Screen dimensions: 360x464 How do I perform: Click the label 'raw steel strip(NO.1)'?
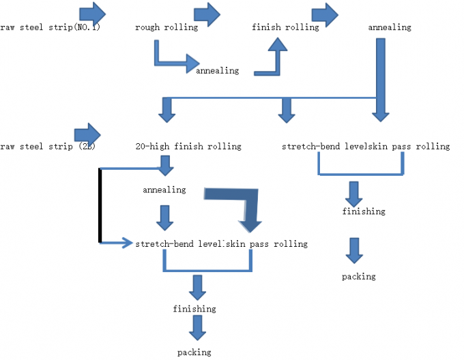coord(50,28)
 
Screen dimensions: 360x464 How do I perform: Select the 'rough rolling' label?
coord(167,28)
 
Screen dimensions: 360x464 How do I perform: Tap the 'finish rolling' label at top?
coord(285,28)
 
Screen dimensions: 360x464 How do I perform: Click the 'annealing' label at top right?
coord(390,28)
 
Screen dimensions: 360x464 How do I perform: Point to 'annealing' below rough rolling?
coord(218,70)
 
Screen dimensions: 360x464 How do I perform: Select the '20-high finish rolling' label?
coord(189,147)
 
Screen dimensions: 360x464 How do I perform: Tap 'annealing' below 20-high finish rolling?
coord(164,190)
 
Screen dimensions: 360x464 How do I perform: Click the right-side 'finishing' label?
coord(364,211)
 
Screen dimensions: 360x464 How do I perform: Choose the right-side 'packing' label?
coord(359,276)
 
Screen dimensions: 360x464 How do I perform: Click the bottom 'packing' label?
coord(194,352)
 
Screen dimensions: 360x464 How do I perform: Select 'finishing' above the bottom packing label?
coord(194,309)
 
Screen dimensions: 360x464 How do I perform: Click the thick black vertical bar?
coord(101,205)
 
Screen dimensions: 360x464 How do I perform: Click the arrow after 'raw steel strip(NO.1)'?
coord(92,12)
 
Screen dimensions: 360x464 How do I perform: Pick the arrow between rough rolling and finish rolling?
coord(207,12)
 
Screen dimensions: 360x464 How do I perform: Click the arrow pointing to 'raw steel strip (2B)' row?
coord(87,132)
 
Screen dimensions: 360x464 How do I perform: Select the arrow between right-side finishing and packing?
coord(353,250)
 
